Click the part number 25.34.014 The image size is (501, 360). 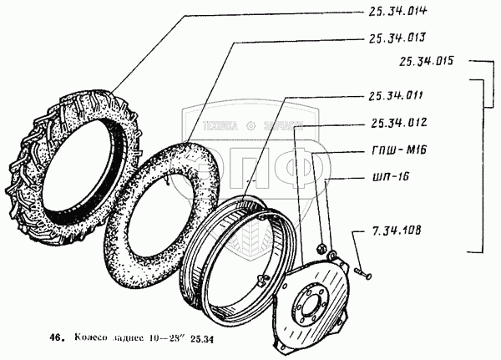click(392, 11)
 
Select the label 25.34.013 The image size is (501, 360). click(392, 38)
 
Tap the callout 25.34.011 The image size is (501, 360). click(392, 95)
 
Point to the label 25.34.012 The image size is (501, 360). click(392, 123)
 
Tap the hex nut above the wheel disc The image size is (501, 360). click(320, 247)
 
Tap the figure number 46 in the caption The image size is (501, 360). click(56, 338)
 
